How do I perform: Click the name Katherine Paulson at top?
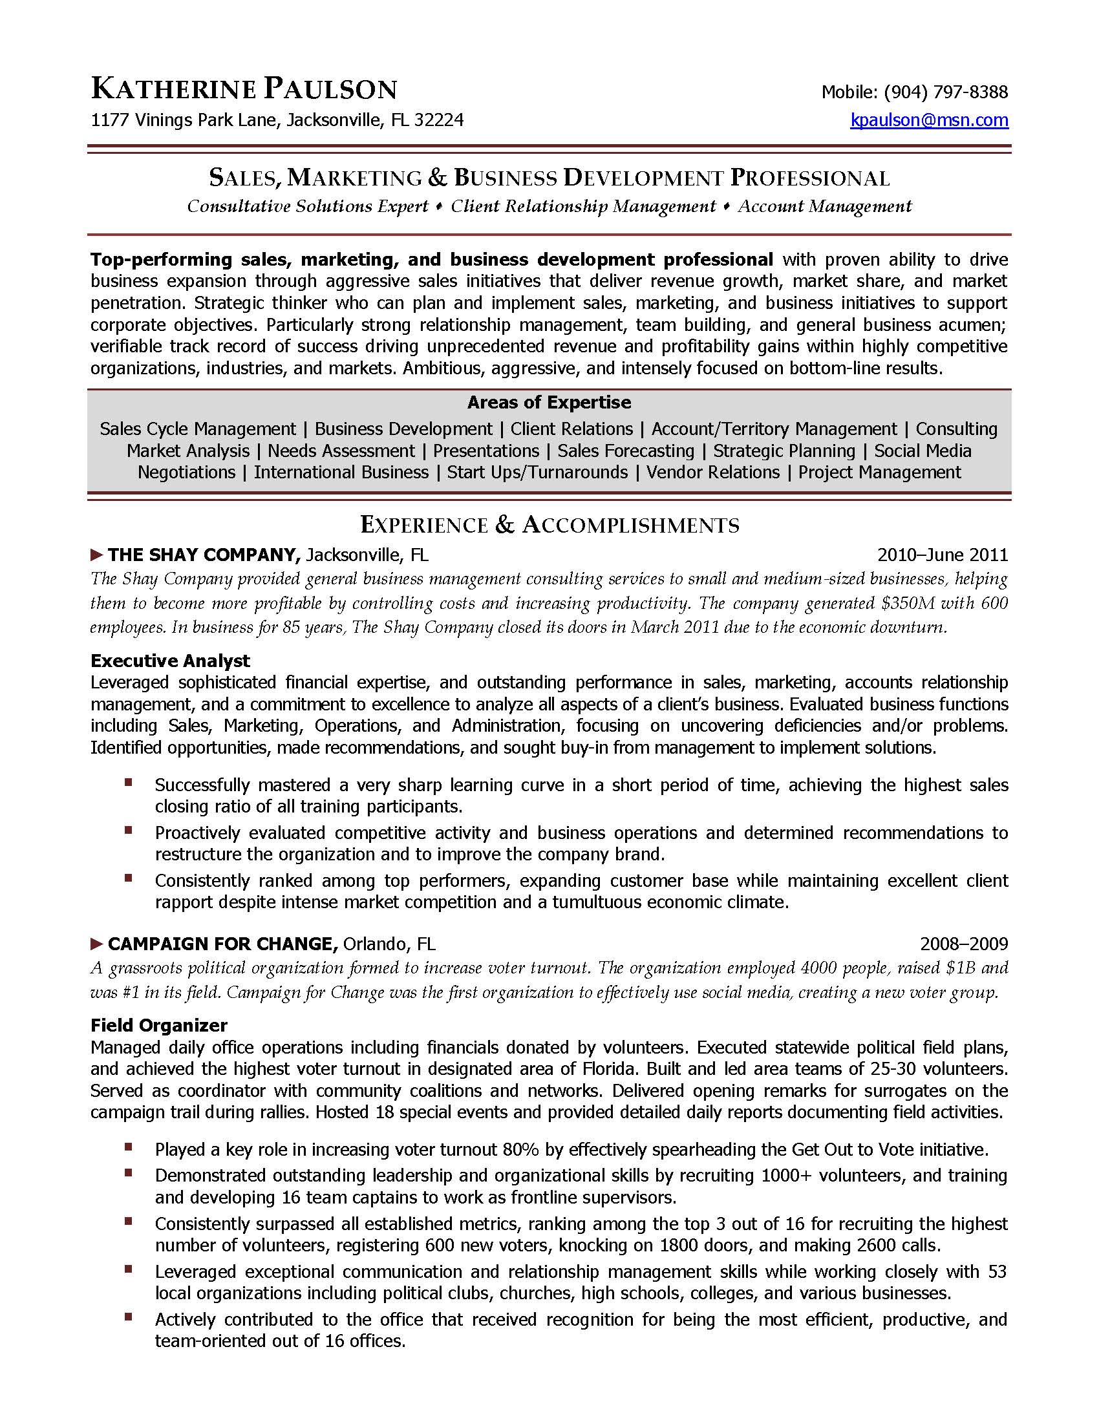pyautogui.click(x=244, y=89)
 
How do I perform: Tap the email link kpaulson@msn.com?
pyautogui.click(x=929, y=120)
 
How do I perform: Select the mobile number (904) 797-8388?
pyautogui.click(x=944, y=91)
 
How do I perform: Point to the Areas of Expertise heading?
pyautogui.click(x=549, y=403)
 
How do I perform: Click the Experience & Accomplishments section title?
pyautogui.click(x=549, y=525)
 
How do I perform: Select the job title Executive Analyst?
pyautogui.click(x=170, y=661)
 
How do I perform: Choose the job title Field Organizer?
pyautogui.click(x=159, y=1026)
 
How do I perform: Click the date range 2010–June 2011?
pyautogui.click(x=942, y=555)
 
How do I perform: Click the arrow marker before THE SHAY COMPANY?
pyautogui.click(x=96, y=555)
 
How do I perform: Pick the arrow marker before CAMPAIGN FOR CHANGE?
pyautogui.click(x=96, y=944)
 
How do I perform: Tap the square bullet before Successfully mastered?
pyautogui.click(x=129, y=782)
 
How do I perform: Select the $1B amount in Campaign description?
pyautogui.click(x=959, y=968)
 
